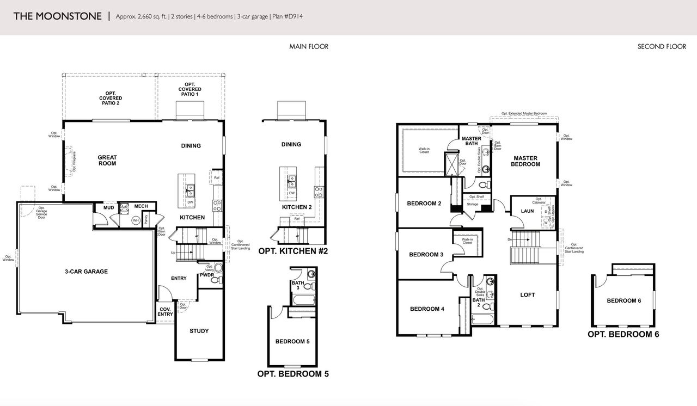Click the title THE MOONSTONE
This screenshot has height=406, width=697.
(57, 16)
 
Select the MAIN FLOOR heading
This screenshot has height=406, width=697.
(309, 47)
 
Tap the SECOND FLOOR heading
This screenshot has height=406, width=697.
(662, 47)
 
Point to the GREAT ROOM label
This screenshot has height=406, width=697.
(107, 161)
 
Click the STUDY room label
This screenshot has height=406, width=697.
(199, 331)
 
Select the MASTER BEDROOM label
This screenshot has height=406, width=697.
(525, 161)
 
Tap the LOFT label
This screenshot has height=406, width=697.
(527, 295)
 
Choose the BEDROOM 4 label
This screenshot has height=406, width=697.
(427, 309)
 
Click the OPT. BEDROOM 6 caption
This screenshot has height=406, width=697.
(623, 334)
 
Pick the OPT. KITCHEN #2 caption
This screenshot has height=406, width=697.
(292, 251)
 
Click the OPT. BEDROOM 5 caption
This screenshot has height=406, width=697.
(292, 374)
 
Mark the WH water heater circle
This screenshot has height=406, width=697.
(136, 220)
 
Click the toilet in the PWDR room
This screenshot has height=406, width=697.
(215, 280)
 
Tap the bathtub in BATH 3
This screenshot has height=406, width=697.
(303, 300)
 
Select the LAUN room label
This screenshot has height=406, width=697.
(527, 211)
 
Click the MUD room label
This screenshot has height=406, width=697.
(108, 207)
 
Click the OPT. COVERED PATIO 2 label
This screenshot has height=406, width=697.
(110, 97)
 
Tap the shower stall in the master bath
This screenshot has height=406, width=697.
(451, 163)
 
